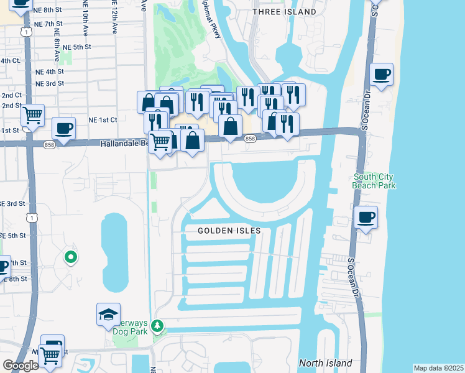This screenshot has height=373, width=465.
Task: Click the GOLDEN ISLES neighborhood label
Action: pos(229,231)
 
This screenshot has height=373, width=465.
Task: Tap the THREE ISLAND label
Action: pos(285,12)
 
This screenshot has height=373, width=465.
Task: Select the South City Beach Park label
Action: pos(373,181)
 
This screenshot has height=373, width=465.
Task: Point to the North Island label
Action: pos(325,363)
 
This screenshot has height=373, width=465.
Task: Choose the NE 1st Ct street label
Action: pos(103,119)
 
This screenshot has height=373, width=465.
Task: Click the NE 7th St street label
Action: pos(50,23)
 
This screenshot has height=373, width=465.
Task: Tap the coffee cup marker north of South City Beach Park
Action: pos(381,75)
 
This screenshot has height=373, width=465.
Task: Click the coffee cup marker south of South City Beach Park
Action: pos(366,218)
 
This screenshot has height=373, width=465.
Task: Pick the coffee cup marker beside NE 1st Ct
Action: pos(63,129)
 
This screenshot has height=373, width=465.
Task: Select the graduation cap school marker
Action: pos(108,315)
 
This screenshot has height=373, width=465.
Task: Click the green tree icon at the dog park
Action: pos(158,326)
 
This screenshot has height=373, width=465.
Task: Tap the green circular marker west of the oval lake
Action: pos(71,256)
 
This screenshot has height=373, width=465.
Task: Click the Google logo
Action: pos(21,366)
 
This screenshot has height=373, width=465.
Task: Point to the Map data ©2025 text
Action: pos(438,368)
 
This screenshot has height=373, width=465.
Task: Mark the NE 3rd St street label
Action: pos(50,83)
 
